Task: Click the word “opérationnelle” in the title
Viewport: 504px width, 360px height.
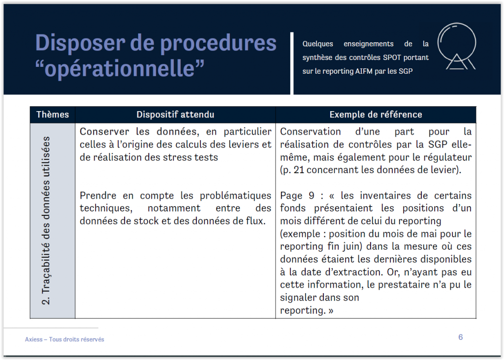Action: point(120,69)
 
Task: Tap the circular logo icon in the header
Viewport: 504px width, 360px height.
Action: point(457,46)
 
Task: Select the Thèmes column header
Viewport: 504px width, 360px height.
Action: point(52,115)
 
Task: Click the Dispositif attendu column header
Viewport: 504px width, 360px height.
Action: point(175,115)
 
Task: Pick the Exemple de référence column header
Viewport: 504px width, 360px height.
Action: point(376,115)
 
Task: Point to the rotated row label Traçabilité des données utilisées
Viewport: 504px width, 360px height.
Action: point(46,221)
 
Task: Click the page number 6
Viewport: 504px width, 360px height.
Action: point(460,337)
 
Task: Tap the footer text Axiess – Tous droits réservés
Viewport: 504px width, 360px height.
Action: point(64,339)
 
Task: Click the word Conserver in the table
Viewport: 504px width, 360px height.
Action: point(104,132)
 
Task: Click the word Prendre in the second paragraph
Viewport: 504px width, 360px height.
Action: point(98,196)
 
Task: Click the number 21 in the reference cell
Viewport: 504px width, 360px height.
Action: point(299,170)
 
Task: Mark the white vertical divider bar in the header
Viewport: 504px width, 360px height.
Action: point(292,63)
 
